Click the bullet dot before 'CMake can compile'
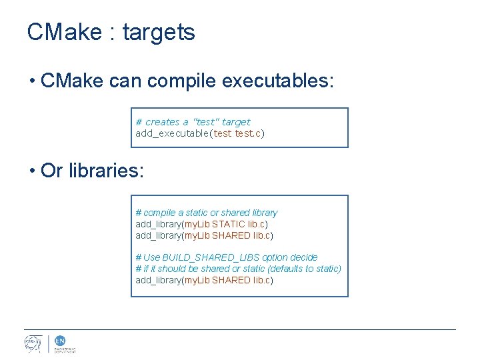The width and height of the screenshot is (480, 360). tap(32, 82)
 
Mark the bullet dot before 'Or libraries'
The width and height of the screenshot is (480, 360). tap(32, 171)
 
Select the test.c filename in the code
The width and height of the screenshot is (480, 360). tap(248, 133)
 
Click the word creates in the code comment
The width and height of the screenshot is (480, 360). tap(162, 122)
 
